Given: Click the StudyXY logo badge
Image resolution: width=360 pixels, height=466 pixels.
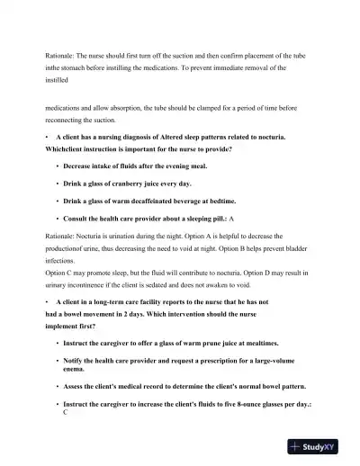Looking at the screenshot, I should [x=319, y=445].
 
